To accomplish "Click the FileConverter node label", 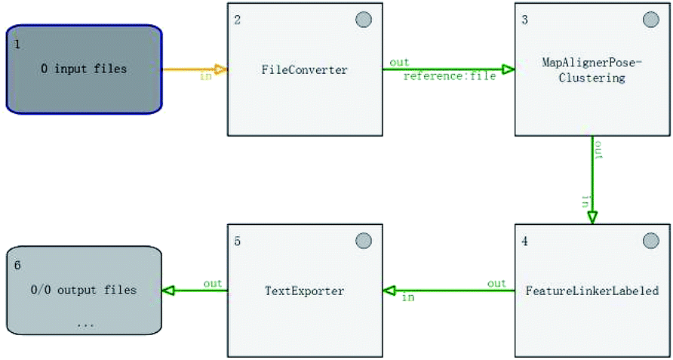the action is coord(304,70).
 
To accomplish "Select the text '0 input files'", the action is coord(85,69).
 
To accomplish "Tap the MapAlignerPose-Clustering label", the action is coord(592,70).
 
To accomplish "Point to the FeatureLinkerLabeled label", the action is coord(592,291).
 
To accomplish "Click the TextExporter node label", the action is coord(304,291).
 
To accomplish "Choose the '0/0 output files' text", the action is coord(84,290).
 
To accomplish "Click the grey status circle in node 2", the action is coord(364,20).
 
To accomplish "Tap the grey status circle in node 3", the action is coord(651,20).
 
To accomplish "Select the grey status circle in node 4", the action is coord(651,241).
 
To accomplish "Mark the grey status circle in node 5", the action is coord(364,241).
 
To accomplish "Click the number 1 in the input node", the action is coord(17,45).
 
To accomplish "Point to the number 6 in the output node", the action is coord(17,265).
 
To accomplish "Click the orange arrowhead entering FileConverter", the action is coord(220,69).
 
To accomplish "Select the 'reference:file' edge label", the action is coord(450,76).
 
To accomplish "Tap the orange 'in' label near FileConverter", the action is coord(206,77).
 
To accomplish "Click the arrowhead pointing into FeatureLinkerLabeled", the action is coord(592,217).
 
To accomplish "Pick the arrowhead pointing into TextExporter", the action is coord(389,291).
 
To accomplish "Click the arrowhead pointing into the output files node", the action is coord(167,291).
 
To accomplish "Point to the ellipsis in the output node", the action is coord(85,325).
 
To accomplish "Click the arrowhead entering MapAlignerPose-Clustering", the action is coord(509,69).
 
